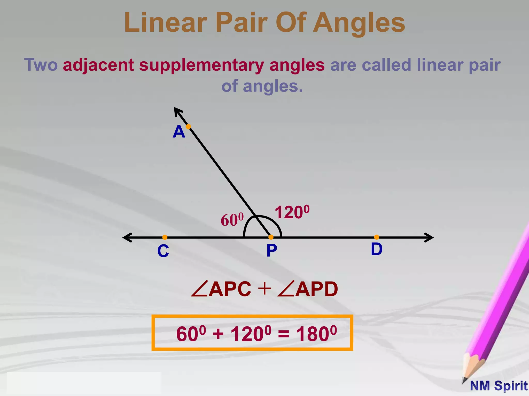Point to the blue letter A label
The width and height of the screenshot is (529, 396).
point(179,132)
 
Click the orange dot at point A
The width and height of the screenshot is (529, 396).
point(188,127)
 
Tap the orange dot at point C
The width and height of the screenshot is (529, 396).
point(165,237)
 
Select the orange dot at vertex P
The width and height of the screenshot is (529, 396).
point(271,237)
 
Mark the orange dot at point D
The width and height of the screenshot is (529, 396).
point(377,237)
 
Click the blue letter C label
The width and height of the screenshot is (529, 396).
point(163,251)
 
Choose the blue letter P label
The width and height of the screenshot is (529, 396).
point(272,250)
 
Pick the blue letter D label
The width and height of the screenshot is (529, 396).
point(377,249)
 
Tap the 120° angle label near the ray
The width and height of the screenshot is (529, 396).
point(292,212)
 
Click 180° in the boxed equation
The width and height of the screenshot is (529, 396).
point(316,334)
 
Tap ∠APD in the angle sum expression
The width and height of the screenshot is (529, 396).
point(307,289)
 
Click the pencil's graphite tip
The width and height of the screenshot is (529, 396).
point(464,381)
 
